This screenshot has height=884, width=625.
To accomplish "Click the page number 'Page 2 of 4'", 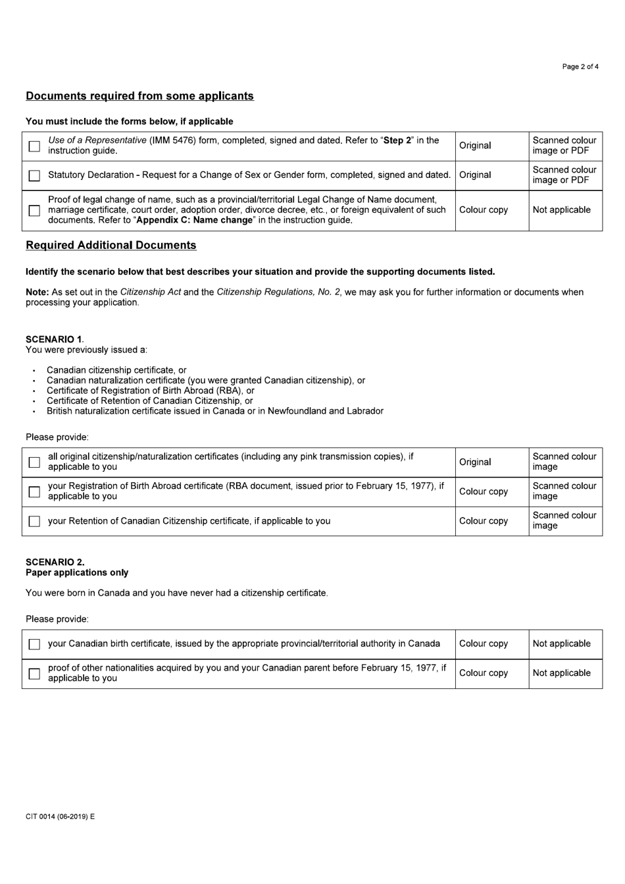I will (580, 67).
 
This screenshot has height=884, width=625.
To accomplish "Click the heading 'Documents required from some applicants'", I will (139, 96).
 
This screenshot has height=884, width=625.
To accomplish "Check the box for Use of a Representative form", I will (34, 146).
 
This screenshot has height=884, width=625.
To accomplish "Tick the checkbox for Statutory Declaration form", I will (34, 176).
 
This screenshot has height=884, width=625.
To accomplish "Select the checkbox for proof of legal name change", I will (34, 211).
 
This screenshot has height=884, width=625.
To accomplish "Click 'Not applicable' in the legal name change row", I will (561, 210).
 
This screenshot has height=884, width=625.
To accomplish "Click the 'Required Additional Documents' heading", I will (111, 246).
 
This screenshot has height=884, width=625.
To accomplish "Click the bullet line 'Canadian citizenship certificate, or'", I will (116, 370).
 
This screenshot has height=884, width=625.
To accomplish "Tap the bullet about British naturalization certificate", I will (214, 411).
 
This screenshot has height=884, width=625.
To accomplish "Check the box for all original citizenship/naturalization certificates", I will (34, 462).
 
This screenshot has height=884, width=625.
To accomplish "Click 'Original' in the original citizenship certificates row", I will (475, 462).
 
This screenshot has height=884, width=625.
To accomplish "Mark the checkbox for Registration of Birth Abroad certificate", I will (34, 492).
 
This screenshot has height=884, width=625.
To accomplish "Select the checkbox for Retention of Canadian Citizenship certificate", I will (34, 522).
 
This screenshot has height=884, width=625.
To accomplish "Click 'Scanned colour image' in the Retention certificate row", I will (564, 521).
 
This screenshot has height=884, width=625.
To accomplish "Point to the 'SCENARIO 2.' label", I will (55, 563).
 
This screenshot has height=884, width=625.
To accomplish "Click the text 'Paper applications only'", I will (77, 573).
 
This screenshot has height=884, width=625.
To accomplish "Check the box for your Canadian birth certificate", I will (34, 644).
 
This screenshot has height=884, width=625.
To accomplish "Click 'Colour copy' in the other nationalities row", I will (484, 673).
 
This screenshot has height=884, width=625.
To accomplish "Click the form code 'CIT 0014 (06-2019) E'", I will (61, 817).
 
